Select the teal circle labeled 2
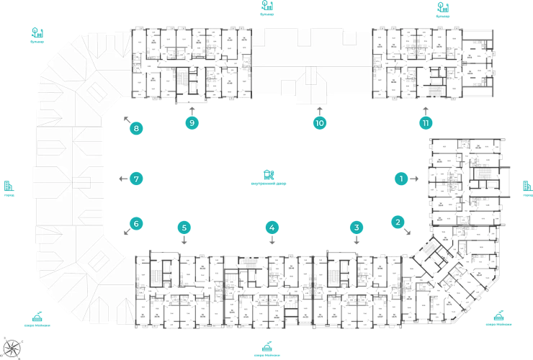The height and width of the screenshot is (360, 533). pyautogui.click(x=397, y=222)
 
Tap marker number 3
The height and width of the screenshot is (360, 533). pyautogui.click(x=356, y=228)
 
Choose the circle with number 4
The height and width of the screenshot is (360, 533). pyautogui.click(x=272, y=228)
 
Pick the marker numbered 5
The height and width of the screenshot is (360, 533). pyautogui.click(x=184, y=228)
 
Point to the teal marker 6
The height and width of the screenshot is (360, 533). pyautogui.click(x=135, y=224)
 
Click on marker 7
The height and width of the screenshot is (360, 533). pyautogui.click(x=135, y=178)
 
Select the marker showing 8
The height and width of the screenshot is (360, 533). pyautogui.click(x=135, y=130)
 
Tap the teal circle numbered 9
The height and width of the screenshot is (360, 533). pyautogui.click(x=192, y=122)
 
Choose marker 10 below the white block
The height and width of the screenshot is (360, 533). pyautogui.click(x=321, y=122)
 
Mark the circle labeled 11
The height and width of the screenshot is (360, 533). pyautogui.click(x=426, y=122)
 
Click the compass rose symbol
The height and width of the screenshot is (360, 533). pyautogui.click(x=12, y=347)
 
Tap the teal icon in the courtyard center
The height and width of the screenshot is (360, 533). pyautogui.click(x=268, y=176)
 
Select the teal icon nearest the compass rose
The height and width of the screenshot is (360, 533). pyautogui.click(x=37, y=317)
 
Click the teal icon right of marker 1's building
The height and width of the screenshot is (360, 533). pyautogui.click(x=527, y=188)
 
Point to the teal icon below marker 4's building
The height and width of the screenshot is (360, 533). pyautogui.click(x=266, y=348)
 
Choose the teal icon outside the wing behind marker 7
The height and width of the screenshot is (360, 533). pyautogui.click(x=8, y=188)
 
